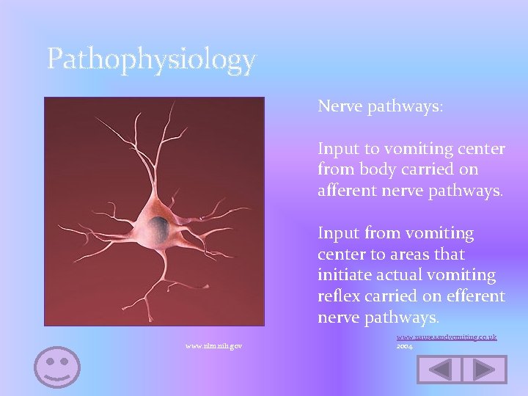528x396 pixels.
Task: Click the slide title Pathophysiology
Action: [x=151, y=59]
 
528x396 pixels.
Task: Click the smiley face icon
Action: [x=57, y=366]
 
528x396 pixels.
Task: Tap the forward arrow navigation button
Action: [x=485, y=369]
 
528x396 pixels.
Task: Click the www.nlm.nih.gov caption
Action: [x=214, y=345]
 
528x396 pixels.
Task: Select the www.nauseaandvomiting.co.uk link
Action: [x=447, y=337]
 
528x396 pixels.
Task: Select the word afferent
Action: [x=348, y=191]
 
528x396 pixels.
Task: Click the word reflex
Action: [x=337, y=296]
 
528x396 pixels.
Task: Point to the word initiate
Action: [x=343, y=276]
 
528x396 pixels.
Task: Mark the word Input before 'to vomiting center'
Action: [x=338, y=149]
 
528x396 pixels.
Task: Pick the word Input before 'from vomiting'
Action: [x=338, y=233]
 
